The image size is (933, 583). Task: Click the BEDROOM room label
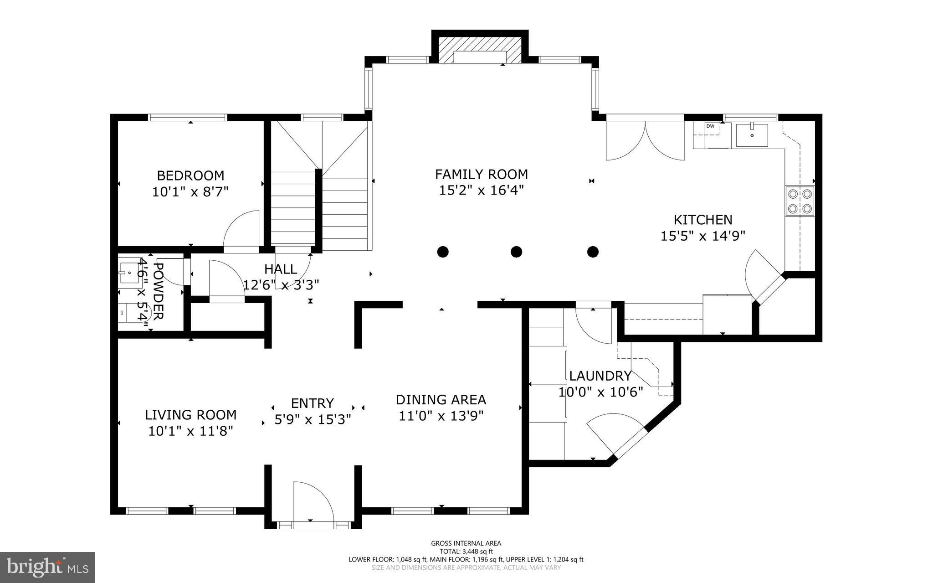coord(190,175)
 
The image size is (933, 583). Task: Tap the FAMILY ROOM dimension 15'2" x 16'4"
coord(481,190)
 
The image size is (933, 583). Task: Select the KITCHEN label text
coord(703,220)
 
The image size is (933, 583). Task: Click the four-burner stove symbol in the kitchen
coord(800,201)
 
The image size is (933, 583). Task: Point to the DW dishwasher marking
coord(710,126)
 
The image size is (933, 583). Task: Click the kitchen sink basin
coord(752,135)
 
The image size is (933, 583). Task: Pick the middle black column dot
coord(516,252)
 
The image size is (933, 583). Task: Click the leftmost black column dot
coord(443,252)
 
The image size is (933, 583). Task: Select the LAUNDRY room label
coord(600,376)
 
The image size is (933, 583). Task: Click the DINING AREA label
coord(441,400)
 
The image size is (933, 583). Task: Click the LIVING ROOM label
coord(190,415)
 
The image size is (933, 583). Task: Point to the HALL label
coord(281,269)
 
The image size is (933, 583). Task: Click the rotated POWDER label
coord(158,291)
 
